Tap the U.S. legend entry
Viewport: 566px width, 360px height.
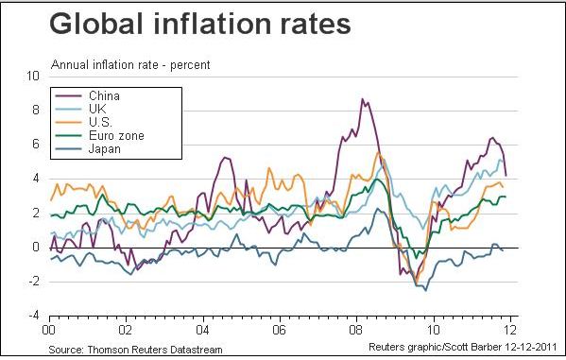pos(98,122)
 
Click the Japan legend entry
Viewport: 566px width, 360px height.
pos(102,148)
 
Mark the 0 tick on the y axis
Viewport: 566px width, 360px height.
pos(36,248)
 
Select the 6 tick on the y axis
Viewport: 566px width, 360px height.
pos(36,145)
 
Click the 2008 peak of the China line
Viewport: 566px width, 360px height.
pos(362,99)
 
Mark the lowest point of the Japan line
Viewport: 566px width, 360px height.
pos(414,290)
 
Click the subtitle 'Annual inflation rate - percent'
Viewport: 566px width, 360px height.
pos(129,64)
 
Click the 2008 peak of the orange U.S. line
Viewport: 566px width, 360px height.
pos(378,153)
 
